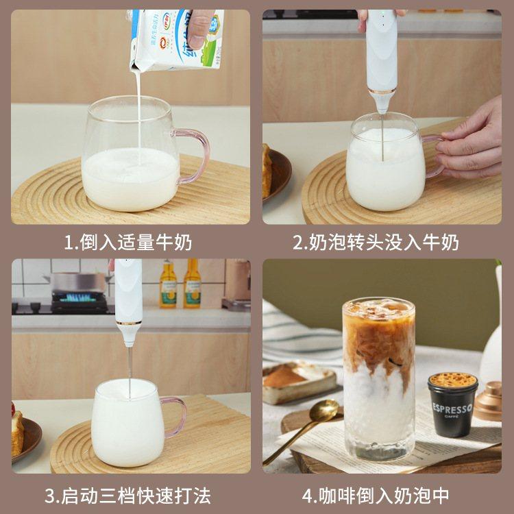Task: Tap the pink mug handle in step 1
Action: (196, 154)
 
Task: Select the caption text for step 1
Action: (128, 242)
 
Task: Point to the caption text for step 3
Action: (128, 495)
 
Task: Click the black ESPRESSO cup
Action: (453, 404)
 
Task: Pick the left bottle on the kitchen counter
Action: (168, 284)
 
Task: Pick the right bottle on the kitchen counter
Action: (192, 284)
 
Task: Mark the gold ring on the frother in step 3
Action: (128, 323)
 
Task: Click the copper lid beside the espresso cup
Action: (489, 401)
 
